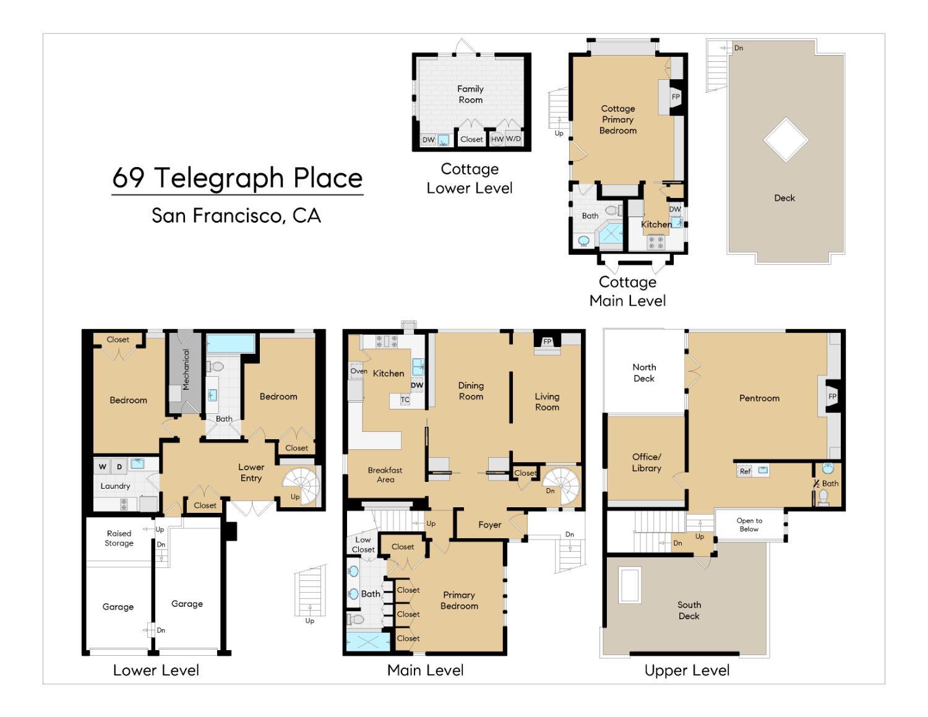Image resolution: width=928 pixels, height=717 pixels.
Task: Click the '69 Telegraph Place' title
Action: pos(237,178)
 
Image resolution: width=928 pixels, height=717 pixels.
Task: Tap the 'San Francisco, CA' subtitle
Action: pos(236,215)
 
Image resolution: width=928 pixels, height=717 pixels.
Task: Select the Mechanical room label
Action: pos(186,369)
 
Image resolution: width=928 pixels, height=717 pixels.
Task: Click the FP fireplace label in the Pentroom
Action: pos(832,397)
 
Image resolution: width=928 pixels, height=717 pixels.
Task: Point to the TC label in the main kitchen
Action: pos(405,400)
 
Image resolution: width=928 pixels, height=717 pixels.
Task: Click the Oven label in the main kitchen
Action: pos(358,371)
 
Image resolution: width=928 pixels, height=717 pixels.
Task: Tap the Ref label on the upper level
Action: pos(745,471)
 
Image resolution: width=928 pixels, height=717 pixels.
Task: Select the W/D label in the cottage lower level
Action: pos(513,139)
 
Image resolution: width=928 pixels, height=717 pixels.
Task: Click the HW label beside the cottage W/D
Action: pos(497,139)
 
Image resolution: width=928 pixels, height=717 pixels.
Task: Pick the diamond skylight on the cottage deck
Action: pos(785,140)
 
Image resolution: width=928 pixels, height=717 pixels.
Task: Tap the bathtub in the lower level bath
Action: pos(230,343)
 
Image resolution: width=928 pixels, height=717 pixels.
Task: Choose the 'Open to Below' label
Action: pos(749,525)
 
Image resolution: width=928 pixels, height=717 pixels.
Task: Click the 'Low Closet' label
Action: pos(363,544)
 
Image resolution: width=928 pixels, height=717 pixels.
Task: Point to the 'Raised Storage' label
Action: pos(119,538)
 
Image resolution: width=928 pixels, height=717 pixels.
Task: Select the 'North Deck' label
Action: pos(643,372)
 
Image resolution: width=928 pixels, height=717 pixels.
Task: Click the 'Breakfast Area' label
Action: pos(385,474)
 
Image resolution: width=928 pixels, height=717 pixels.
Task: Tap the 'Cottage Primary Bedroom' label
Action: pos(617,119)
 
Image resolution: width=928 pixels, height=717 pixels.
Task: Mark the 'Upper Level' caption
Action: pos(687,670)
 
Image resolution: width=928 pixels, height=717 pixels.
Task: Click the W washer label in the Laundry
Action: pos(103,466)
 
